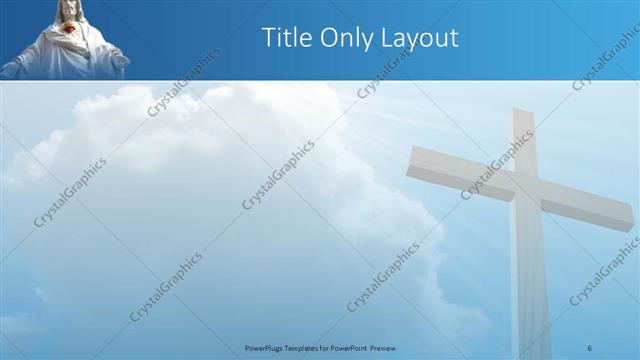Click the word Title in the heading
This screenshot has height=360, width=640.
tap(287, 38)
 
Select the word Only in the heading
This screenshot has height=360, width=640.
tap(348, 38)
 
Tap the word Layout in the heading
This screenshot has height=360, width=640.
tap(421, 39)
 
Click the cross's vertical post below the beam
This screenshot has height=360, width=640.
tap(530, 280)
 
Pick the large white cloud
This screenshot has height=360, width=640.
tap(200, 180)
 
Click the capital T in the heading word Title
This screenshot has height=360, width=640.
tap(268, 38)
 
